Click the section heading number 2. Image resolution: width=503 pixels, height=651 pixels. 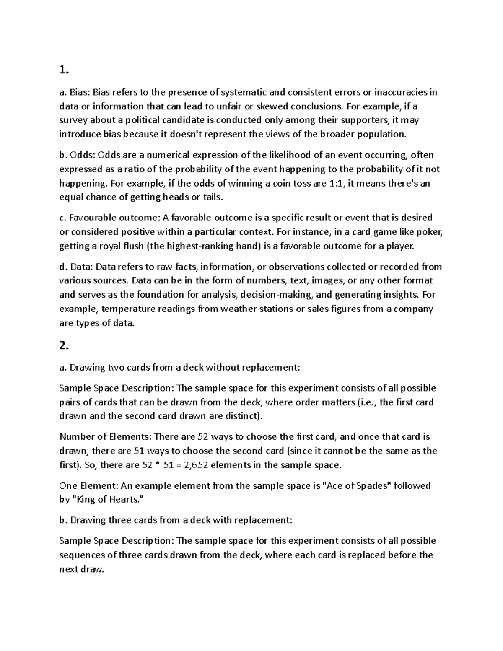pyautogui.click(x=63, y=346)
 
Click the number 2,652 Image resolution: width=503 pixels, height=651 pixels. pyautogui.click(x=193, y=465)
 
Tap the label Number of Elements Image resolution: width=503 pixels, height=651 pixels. pyautogui.click(x=105, y=437)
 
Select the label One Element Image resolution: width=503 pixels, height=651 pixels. pyautogui.click(x=89, y=486)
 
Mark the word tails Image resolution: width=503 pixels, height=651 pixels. pyautogui.click(x=213, y=197)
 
